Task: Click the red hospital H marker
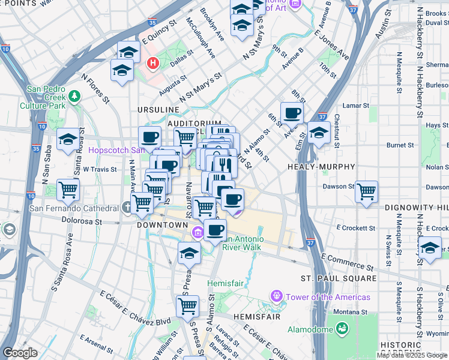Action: pos(153,62)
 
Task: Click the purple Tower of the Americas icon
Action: pos(276,296)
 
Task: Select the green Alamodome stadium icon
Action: pos(342,328)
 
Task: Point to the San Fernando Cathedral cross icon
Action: pos(127,208)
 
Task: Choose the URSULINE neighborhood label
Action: pos(158,110)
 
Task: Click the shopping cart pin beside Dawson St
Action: pos(366,191)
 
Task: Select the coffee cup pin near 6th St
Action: pos(292,112)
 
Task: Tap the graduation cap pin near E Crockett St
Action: pos(430,247)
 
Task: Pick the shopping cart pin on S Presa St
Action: pos(188,305)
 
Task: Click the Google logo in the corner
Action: pos(20,353)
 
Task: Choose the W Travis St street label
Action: pos(100,170)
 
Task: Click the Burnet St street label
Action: pos(400,145)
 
